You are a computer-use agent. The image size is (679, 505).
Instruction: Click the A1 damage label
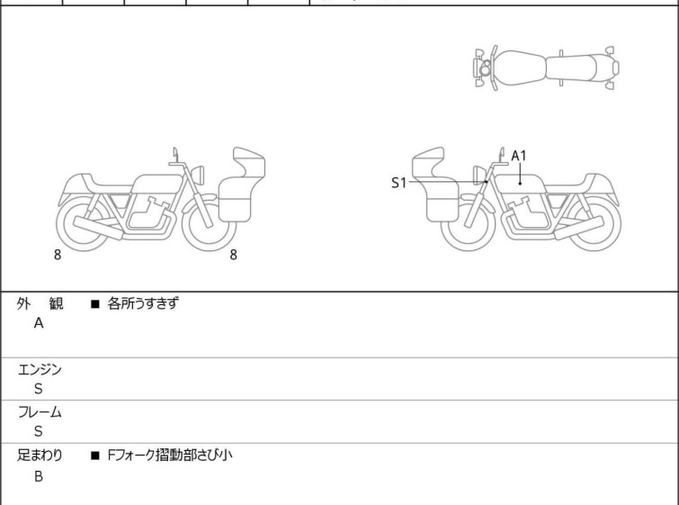click(519, 156)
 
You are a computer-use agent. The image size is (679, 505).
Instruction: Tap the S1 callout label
click(398, 183)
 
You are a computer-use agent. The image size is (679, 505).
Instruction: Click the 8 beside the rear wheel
click(58, 255)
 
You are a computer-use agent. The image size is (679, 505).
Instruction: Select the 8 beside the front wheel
click(233, 255)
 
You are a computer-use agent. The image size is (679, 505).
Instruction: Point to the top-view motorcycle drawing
click(546, 67)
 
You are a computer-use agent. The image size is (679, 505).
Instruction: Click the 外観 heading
click(40, 304)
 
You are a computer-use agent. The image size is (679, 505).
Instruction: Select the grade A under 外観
click(39, 324)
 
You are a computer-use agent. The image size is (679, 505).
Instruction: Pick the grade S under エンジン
click(38, 389)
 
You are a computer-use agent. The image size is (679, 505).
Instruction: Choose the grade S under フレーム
click(38, 431)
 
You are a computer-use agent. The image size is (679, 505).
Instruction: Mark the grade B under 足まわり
click(39, 475)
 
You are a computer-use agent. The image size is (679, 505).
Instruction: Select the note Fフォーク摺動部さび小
click(170, 455)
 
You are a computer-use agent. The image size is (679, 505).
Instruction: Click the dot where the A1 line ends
click(520, 183)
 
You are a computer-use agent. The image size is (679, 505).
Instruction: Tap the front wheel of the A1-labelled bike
click(469, 224)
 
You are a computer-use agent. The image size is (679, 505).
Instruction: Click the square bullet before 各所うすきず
click(94, 304)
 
